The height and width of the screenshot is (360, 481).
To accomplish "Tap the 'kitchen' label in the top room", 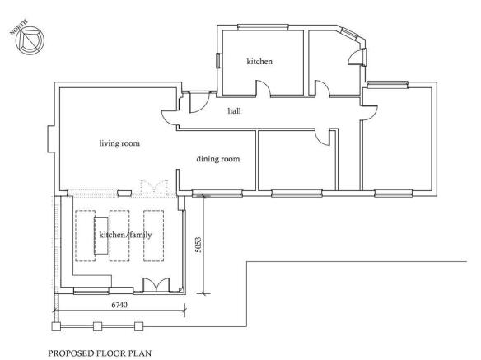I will click(x=259, y=62).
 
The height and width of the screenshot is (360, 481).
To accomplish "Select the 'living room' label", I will click(x=119, y=143).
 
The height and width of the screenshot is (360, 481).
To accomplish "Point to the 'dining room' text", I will click(x=217, y=159).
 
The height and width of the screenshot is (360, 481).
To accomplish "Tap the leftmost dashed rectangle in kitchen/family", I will click(x=86, y=236).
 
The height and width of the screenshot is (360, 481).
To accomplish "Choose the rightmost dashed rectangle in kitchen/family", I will click(x=155, y=236).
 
